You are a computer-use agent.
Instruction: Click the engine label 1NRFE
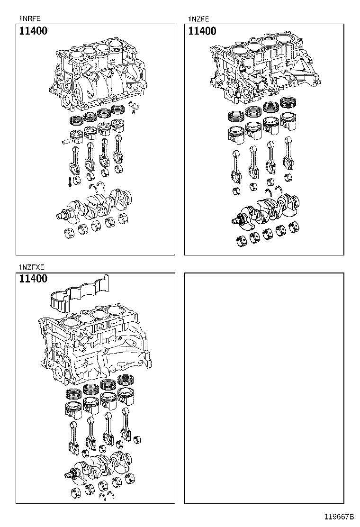tap(30, 19)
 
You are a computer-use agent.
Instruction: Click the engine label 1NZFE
tap(198, 19)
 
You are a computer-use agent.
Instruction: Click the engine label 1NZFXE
tap(32, 267)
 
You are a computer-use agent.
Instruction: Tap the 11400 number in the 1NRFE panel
tap(33, 32)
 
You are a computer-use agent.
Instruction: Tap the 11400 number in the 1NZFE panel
tap(202, 32)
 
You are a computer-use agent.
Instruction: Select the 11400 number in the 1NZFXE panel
tap(33, 279)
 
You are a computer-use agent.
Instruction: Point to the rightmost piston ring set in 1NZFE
tap(288, 103)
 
